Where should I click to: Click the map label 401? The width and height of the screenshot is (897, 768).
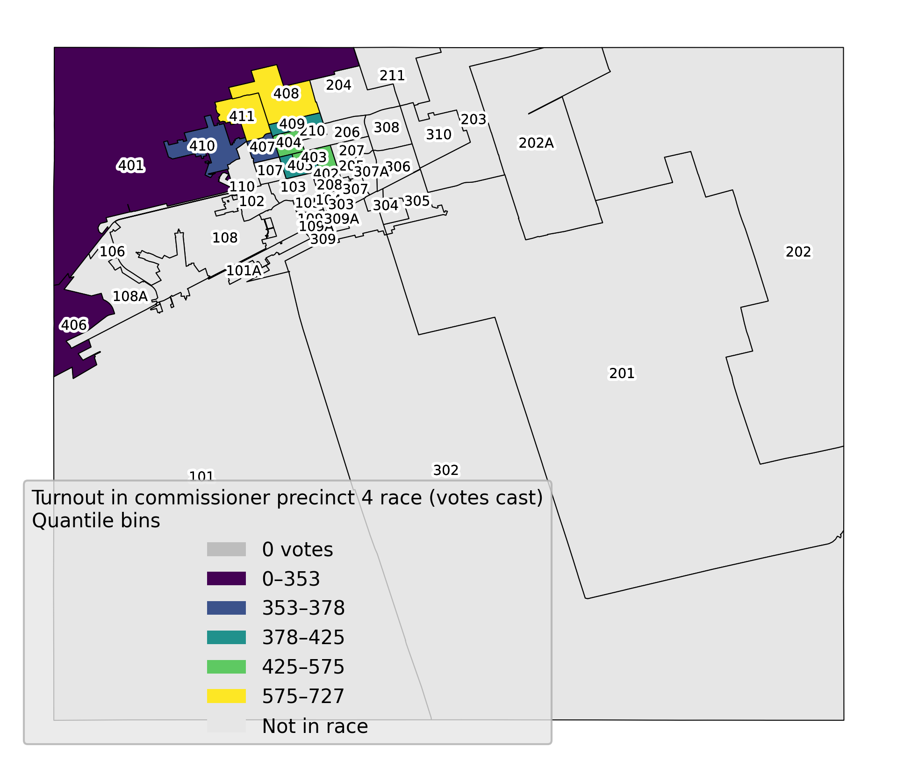click(131, 165)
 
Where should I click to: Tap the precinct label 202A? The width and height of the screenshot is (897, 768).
click(536, 143)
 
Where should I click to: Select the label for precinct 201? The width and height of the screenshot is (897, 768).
click(622, 373)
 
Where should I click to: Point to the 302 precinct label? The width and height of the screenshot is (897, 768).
click(446, 470)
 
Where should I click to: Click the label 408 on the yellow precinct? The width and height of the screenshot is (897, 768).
click(286, 93)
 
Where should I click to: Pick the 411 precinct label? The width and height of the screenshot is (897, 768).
click(242, 116)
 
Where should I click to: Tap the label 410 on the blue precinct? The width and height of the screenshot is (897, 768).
click(202, 146)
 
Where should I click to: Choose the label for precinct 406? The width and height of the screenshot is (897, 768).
click(74, 325)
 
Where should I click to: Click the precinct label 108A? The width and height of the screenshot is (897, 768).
click(130, 296)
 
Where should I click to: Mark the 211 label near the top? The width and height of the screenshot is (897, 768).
click(392, 75)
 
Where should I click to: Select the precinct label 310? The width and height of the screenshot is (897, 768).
click(438, 135)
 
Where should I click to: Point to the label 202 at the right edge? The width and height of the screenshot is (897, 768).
click(798, 252)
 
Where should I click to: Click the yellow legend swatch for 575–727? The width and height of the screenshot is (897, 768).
click(226, 696)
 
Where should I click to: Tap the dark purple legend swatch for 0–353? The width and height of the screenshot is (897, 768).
click(226, 579)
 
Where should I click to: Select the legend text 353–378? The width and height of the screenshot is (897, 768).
click(303, 608)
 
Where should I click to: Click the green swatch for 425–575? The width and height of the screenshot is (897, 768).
click(226, 667)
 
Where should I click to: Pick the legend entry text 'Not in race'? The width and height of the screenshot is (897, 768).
click(315, 726)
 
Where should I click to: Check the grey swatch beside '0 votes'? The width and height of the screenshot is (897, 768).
click(226, 549)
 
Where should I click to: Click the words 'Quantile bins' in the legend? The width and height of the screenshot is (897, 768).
click(96, 521)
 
